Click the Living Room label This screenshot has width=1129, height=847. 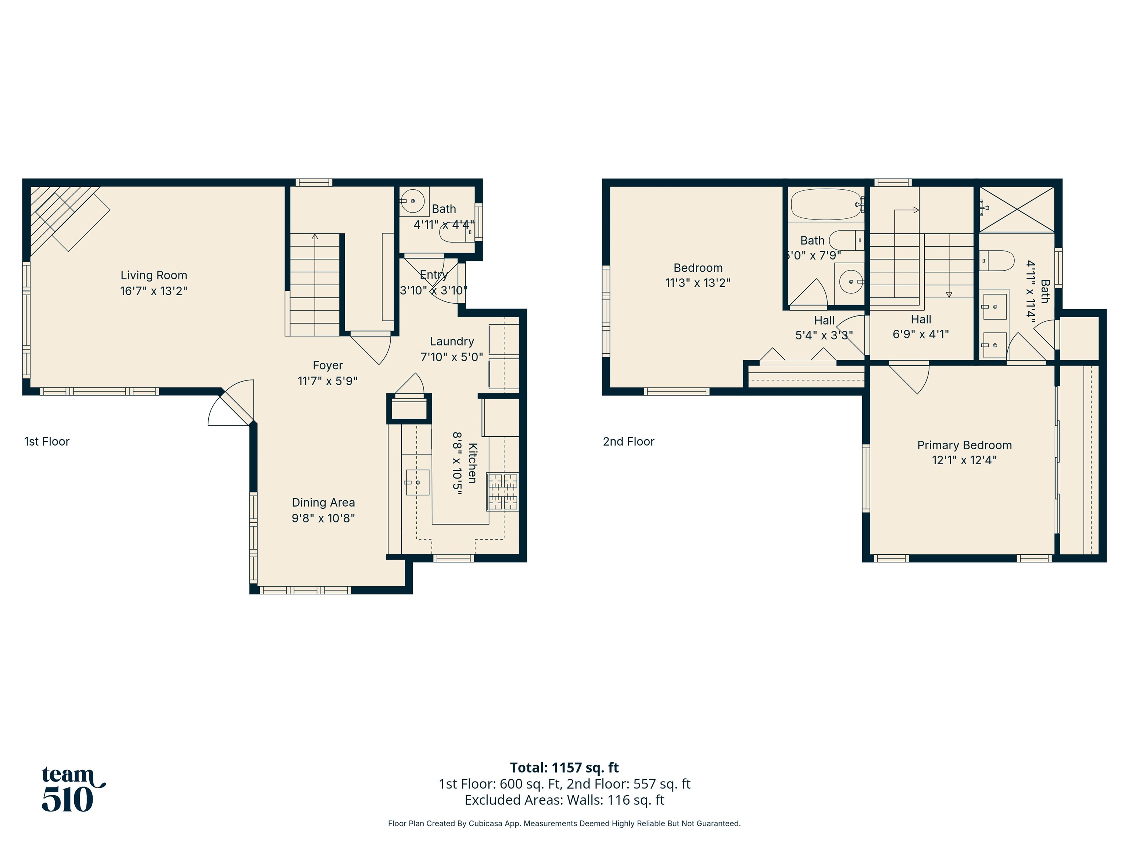[154, 275]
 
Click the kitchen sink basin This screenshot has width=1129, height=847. [417, 482]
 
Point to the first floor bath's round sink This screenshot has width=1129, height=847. [412, 201]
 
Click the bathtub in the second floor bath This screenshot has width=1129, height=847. [826, 204]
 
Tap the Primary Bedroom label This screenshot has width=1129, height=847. [964, 445]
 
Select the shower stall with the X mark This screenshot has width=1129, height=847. [1017, 209]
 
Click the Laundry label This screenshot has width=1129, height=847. [452, 341]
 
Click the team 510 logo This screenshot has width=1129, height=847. [71, 789]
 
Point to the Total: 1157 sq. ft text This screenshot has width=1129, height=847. [564, 767]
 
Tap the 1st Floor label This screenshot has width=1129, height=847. [46, 442]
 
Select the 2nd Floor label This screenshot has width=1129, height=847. [628, 442]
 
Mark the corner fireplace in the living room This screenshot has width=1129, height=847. [61, 214]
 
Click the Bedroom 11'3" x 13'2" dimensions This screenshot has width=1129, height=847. [698, 283]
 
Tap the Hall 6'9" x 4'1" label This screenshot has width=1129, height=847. [921, 327]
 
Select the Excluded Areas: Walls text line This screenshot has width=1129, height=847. [564, 800]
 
